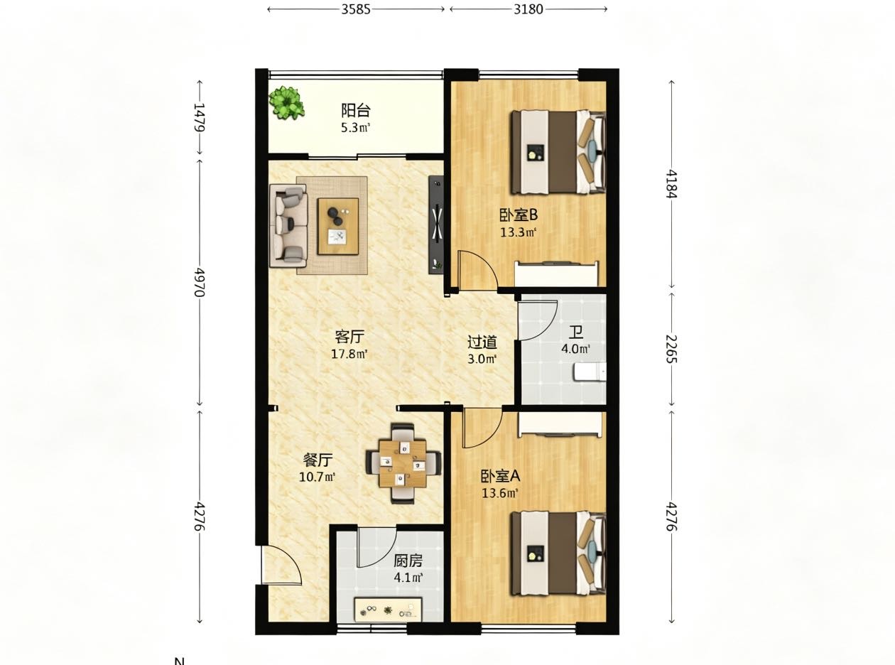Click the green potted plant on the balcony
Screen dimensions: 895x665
click(286, 102)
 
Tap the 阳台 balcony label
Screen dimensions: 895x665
click(355, 110)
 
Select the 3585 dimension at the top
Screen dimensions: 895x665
click(355, 9)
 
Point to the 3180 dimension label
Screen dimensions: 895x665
click(528, 9)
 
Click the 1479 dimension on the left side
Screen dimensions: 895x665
click(200, 117)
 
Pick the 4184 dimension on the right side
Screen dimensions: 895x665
click(671, 184)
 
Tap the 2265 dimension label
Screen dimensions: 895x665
click(671, 349)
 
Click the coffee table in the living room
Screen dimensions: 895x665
click(337, 226)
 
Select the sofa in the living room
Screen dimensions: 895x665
click(288, 226)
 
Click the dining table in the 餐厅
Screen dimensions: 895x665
click(402, 463)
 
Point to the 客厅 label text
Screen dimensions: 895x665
click(349, 336)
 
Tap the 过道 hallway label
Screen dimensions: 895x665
click(482, 342)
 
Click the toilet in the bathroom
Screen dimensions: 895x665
click(590, 372)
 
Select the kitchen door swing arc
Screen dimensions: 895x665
click(377, 547)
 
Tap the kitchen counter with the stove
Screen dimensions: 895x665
click(388, 610)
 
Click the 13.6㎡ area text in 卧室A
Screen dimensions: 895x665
click(500, 493)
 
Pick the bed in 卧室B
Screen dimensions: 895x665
click(559, 152)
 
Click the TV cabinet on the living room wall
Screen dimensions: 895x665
click(436, 225)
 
